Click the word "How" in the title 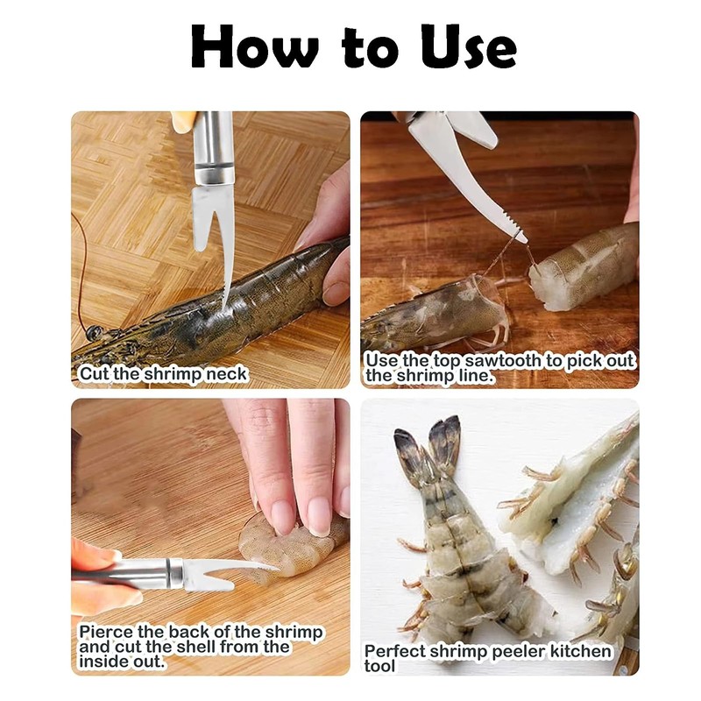click(255, 46)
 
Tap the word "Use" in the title click(469, 46)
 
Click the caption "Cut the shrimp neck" click(163, 374)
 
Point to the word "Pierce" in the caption click(107, 633)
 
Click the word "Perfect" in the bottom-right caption click(395, 651)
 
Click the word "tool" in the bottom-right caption click(379, 666)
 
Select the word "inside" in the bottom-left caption click(99, 662)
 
